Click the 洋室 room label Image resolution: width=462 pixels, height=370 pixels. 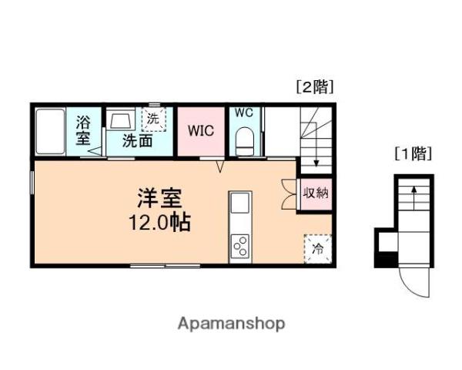point(160,198)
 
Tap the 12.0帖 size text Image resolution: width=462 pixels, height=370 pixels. point(160,223)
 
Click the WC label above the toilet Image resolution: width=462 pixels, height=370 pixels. point(243,113)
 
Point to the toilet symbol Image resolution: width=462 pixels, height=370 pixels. point(244,140)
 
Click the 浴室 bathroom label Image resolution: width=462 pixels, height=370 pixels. point(83,131)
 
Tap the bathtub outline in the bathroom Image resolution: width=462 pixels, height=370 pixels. point(51,131)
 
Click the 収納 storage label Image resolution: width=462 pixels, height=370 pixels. point(315,193)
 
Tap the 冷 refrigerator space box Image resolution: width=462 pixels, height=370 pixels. point(317,248)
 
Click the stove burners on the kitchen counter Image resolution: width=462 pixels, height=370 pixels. point(239,245)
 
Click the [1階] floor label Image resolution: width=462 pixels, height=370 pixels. point(413,153)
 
